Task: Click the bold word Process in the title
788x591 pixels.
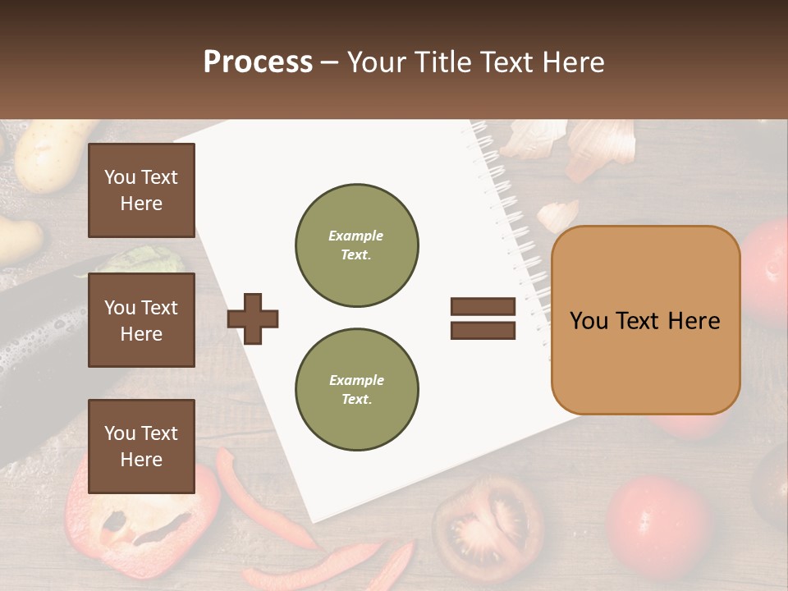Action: (x=258, y=62)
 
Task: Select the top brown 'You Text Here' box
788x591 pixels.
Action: (x=141, y=190)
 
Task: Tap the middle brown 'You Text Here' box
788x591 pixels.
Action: (x=141, y=320)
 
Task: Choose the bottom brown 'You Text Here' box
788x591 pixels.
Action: (x=141, y=446)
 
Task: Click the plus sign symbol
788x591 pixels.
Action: (x=253, y=318)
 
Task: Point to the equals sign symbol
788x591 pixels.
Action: (x=483, y=318)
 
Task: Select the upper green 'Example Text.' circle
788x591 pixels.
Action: (x=356, y=245)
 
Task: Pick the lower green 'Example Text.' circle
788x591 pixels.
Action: (x=356, y=390)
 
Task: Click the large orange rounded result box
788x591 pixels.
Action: (x=645, y=320)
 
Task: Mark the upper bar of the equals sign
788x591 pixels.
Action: (x=483, y=307)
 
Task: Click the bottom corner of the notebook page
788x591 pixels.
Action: (x=316, y=517)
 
